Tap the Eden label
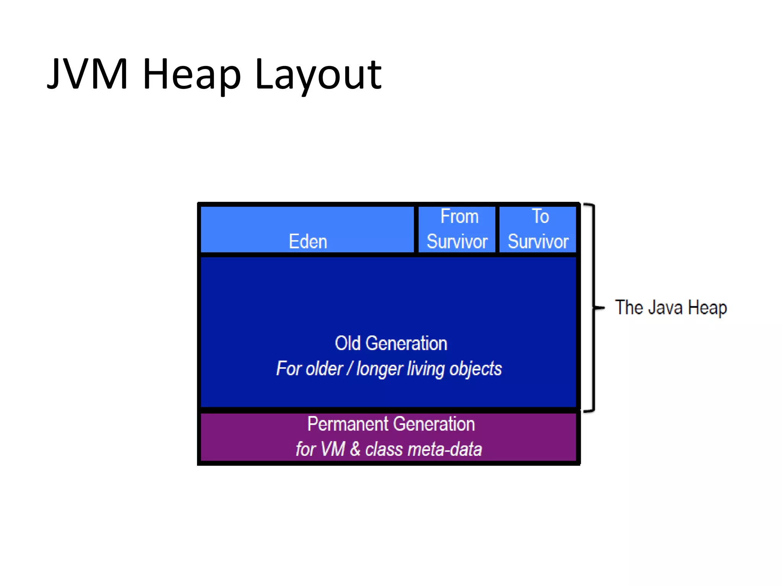pos(308,241)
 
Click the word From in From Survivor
pos(459,216)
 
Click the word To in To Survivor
pos(540,216)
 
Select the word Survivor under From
pos(457,241)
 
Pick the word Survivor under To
pos(538,241)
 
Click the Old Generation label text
pos(391,343)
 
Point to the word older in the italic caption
pos(324,369)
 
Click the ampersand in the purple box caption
pos(355,449)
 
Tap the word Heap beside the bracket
pos(707,307)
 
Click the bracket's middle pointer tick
pos(599,307)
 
